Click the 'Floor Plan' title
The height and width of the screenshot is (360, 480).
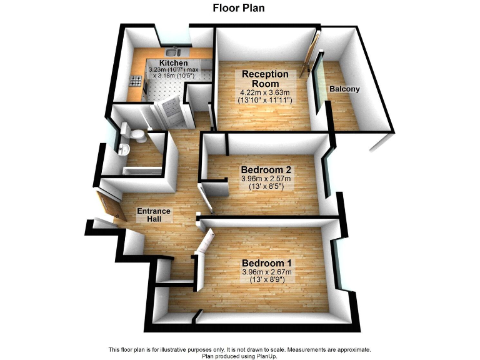(x=239, y=8)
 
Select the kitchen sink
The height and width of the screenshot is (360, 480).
(x=173, y=51)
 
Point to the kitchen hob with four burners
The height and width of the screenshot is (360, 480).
(x=134, y=80)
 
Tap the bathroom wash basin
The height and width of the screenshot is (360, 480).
(x=123, y=149)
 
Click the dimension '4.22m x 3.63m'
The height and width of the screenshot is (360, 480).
(x=266, y=92)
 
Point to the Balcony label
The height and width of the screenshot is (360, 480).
(x=344, y=89)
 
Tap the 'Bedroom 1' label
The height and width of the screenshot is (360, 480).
(x=266, y=262)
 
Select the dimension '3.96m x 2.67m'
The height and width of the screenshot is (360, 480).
(x=266, y=272)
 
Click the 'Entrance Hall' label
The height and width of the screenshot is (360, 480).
(x=154, y=215)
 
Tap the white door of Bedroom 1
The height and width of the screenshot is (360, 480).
(x=204, y=244)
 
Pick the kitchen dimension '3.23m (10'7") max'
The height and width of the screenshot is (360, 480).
(x=173, y=71)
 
